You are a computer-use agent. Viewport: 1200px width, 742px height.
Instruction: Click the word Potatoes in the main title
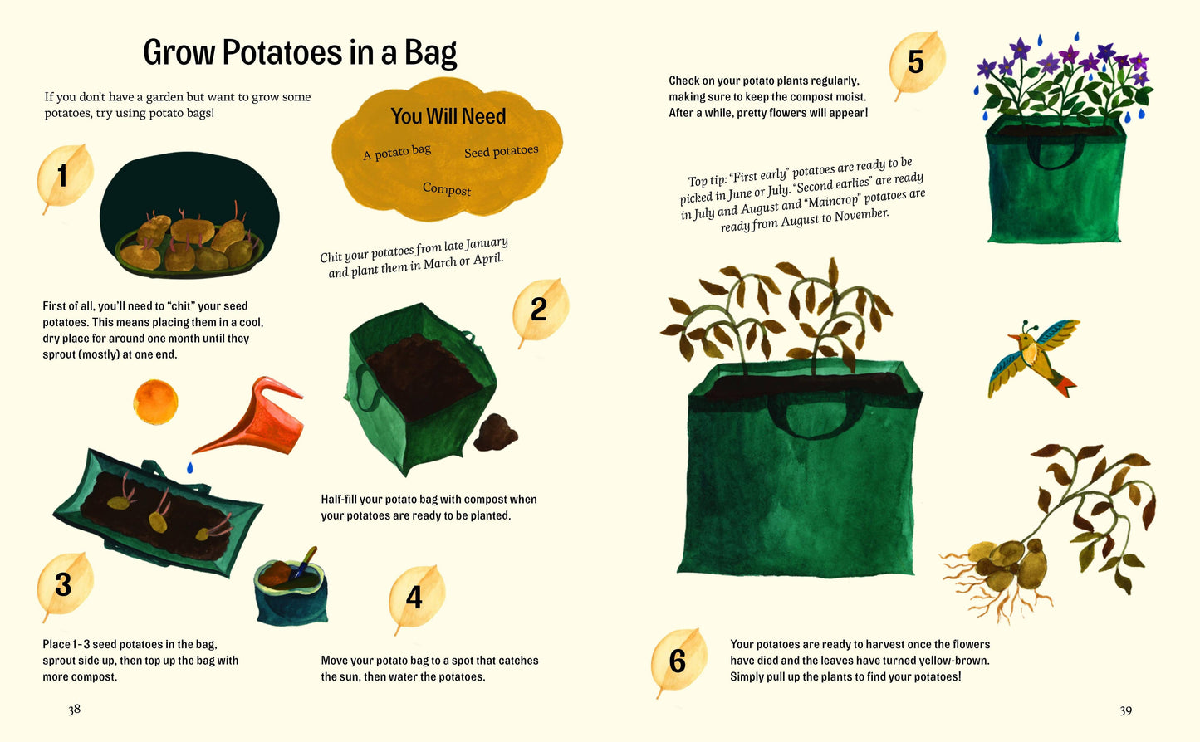282,53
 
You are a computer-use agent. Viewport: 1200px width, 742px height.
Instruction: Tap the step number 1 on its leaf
63,176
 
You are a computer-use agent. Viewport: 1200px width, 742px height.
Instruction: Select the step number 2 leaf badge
540,310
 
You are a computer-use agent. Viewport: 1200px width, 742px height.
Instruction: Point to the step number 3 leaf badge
64,584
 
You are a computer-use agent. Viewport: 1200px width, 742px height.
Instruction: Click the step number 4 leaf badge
415,597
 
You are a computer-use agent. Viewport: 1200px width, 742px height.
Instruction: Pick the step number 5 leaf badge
915,62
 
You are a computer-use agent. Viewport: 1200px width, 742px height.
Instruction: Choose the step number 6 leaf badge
678,661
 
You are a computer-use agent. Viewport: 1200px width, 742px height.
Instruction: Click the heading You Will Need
448,116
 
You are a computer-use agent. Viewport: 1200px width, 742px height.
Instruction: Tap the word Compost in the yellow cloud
447,189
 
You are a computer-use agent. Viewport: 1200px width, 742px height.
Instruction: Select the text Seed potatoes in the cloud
501,151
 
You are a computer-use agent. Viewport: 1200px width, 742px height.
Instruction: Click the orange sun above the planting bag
155,402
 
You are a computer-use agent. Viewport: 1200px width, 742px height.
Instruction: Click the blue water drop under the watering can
190,468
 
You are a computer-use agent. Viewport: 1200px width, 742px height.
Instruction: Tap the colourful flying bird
1033,358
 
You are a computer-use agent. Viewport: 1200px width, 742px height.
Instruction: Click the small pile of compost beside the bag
496,432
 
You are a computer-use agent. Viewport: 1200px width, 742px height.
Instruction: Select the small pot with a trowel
290,590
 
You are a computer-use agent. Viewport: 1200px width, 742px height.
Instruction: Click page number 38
75,709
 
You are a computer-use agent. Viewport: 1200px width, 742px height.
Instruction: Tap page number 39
1125,710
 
